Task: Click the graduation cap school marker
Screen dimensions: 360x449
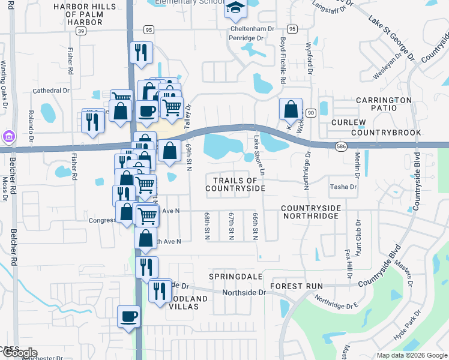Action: [x=236, y=8]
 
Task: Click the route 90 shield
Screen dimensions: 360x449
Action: [x=310, y=112]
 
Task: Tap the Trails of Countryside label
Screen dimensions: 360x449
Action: [x=235, y=184]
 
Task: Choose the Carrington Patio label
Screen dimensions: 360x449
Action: [x=384, y=106]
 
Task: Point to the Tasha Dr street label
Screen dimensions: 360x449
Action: [x=343, y=187]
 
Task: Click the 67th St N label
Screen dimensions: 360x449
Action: [x=231, y=226]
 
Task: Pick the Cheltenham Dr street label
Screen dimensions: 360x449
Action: [x=252, y=28]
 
